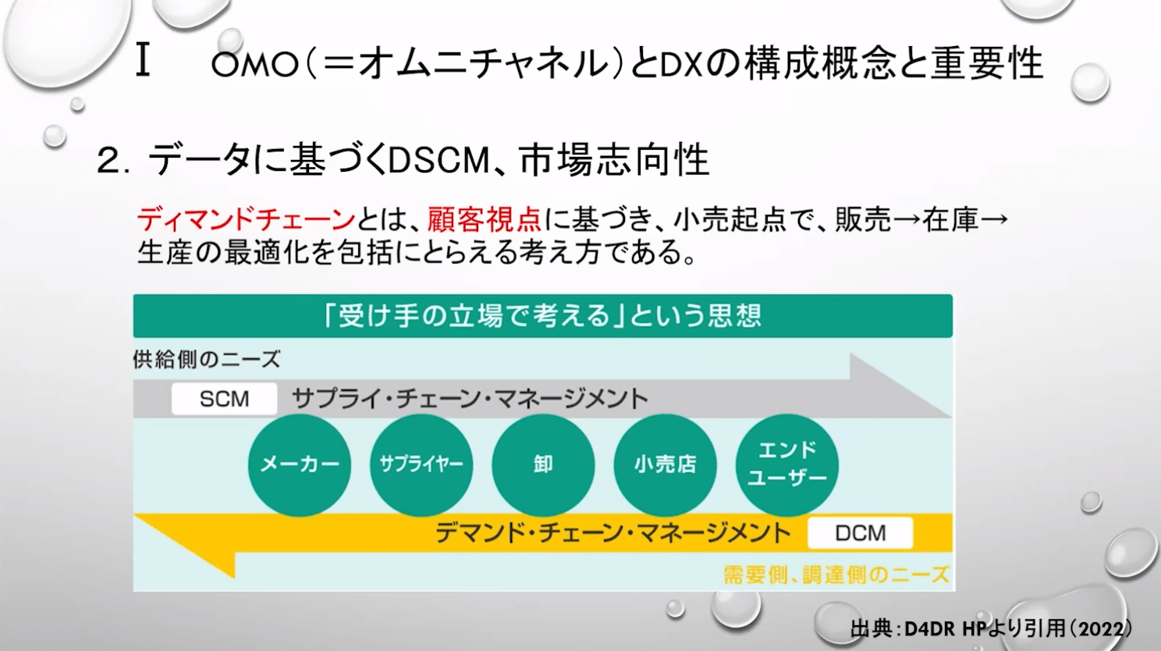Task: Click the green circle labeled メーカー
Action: (300, 464)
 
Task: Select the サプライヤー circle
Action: (421, 464)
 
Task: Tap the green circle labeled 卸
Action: (543, 464)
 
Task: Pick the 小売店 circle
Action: (665, 464)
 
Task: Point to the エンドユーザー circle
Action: (786, 464)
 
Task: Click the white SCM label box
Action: (224, 399)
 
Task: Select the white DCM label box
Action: (860, 533)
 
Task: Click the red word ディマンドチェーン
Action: (246, 220)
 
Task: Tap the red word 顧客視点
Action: (484, 220)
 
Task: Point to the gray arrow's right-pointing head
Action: (897, 387)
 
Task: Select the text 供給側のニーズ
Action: (207, 360)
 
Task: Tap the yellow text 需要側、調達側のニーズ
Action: (836, 575)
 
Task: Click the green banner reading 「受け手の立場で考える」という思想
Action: (542, 316)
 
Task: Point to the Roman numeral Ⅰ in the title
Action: (142, 62)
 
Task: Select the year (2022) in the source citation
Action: (1099, 629)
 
